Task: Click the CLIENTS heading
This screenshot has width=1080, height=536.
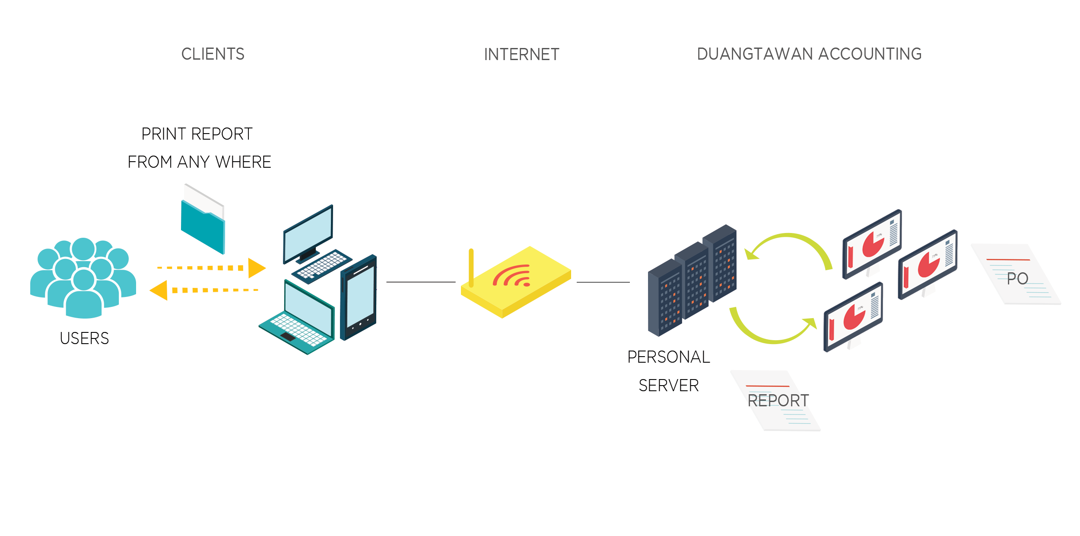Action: pyautogui.click(x=213, y=54)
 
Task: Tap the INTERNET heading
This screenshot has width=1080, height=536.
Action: pyautogui.click(x=521, y=54)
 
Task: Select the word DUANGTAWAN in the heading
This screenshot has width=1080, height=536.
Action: pyautogui.click(x=755, y=54)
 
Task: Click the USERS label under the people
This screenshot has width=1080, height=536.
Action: pyautogui.click(x=84, y=338)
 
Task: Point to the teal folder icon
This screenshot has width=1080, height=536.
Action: pyautogui.click(x=203, y=227)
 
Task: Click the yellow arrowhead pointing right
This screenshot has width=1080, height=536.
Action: pyautogui.click(x=256, y=268)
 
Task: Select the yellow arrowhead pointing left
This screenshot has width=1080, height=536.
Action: pyautogui.click(x=159, y=290)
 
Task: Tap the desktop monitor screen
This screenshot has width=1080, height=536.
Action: pyautogui.click(x=308, y=233)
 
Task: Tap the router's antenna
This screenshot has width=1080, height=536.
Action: pyautogui.click(x=471, y=267)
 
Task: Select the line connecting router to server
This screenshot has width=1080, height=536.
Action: pyautogui.click(x=603, y=282)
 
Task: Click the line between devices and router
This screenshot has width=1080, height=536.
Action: pyautogui.click(x=421, y=282)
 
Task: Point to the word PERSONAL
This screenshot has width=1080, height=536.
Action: pyautogui.click(x=668, y=357)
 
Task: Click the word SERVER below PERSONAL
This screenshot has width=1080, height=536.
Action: pyautogui.click(x=668, y=386)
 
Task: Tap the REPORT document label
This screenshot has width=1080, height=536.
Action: pyautogui.click(x=778, y=401)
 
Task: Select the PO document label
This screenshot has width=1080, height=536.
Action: pyautogui.click(x=1017, y=279)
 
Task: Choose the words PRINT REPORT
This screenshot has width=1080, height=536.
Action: pyautogui.click(x=197, y=134)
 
